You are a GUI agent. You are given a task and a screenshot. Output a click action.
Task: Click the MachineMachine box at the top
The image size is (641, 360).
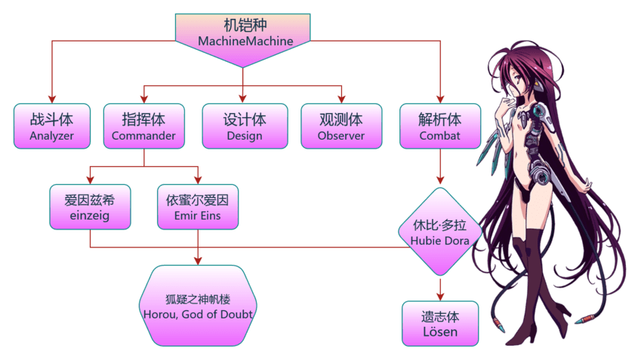(244, 33)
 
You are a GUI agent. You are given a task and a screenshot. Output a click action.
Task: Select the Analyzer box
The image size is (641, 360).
(51, 127)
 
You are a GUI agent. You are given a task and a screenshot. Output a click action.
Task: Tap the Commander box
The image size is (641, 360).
(143, 127)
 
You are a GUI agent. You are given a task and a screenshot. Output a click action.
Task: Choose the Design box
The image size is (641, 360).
(244, 127)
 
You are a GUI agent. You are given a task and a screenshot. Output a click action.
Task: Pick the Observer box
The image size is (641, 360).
(341, 127)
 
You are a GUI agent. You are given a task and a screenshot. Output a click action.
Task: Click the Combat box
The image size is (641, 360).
(439, 127)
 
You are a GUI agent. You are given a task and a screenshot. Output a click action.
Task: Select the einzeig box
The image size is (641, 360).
(90, 207)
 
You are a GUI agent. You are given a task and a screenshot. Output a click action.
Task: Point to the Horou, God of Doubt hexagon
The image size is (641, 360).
(198, 305)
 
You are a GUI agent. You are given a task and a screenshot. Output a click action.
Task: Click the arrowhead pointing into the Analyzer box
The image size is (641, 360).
(51, 98)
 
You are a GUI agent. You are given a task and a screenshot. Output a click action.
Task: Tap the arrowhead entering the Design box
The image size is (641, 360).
(243, 98)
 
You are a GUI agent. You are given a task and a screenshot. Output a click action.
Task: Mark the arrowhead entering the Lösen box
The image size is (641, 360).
(439, 296)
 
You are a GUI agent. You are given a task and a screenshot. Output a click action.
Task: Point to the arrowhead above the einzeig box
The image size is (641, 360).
(90, 179)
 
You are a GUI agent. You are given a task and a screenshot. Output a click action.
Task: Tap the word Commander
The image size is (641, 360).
(143, 137)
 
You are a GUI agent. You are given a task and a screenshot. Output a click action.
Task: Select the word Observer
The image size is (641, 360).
(341, 137)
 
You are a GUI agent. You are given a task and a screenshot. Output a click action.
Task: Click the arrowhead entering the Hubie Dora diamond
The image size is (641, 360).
(439, 182)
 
